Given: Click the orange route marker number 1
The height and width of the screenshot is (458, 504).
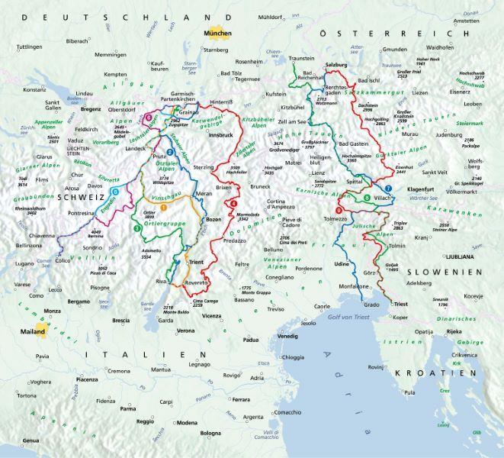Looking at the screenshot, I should click(163, 208).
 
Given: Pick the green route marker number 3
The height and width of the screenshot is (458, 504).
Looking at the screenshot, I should click(136, 227).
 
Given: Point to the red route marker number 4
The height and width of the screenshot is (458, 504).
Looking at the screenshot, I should click(233, 203).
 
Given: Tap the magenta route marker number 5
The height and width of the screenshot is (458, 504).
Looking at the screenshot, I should click(148, 118).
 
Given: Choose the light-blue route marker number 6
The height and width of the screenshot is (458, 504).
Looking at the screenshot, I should click(114, 191).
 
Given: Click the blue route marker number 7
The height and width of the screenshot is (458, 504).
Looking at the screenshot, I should click(388, 189).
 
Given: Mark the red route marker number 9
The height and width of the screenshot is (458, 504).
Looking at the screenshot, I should click(339, 211).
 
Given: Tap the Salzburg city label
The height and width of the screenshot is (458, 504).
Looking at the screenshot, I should click(336, 66).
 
